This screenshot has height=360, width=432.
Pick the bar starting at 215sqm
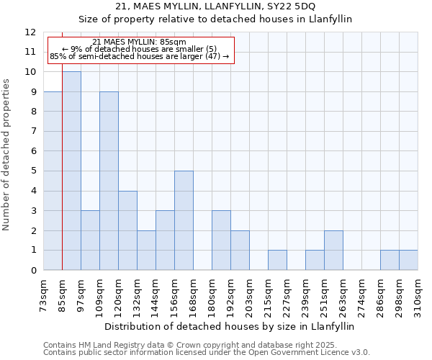click(277, 260)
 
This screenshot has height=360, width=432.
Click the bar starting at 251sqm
click(333, 250)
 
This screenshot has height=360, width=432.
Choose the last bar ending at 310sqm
click(408, 260)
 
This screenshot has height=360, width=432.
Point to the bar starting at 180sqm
click(221, 240)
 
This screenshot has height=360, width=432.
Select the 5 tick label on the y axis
click(33, 171)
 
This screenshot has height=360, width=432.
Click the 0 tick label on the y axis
click(33, 271)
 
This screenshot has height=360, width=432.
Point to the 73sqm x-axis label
click(44, 295)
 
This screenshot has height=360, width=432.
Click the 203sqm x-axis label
click(250, 295)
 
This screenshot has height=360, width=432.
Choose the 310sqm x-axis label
click(418, 295)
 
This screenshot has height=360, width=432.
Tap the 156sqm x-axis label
click(175, 295)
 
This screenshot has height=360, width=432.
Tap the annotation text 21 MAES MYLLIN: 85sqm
click(140, 42)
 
